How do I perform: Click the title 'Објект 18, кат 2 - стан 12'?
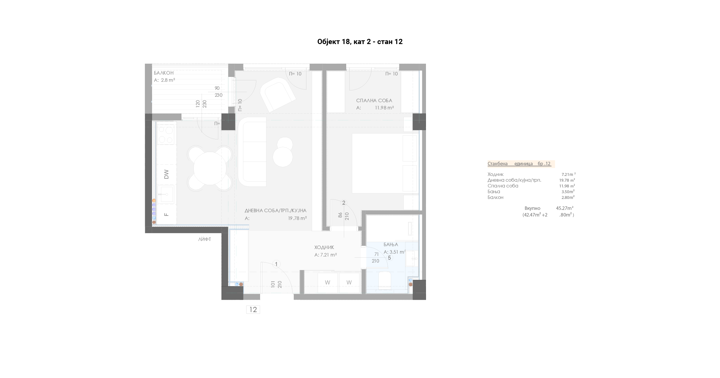point(360,42)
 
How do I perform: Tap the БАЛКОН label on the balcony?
point(164,73)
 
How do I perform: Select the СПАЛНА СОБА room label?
point(374,100)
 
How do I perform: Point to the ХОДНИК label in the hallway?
point(324,247)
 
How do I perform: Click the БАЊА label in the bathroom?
point(391,245)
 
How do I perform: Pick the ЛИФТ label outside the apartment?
point(204,239)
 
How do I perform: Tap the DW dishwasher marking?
point(166,174)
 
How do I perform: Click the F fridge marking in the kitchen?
point(166,214)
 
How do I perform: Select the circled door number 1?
point(276,264)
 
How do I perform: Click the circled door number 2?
point(344,203)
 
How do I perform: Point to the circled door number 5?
point(389,258)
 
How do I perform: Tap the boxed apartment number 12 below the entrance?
point(253,309)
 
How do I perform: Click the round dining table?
point(210,168)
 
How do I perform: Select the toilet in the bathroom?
point(385,280)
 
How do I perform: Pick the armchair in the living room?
point(278,95)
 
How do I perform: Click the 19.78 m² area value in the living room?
point(298,218)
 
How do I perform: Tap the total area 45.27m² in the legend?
point(564,208)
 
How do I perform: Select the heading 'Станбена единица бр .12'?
point(519,164)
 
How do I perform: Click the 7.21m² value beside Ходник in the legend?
point(569,174)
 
